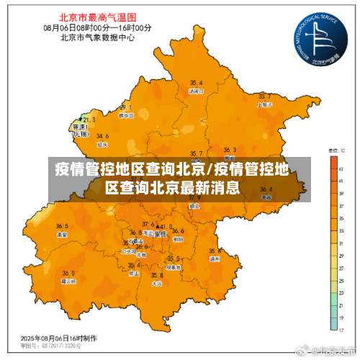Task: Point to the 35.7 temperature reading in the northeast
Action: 264,96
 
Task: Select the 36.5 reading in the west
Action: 63,226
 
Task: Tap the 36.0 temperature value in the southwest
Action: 68,273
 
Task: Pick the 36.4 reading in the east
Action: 266,189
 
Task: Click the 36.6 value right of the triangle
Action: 177,231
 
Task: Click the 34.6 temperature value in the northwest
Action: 102,135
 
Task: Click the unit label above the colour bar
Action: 335,151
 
